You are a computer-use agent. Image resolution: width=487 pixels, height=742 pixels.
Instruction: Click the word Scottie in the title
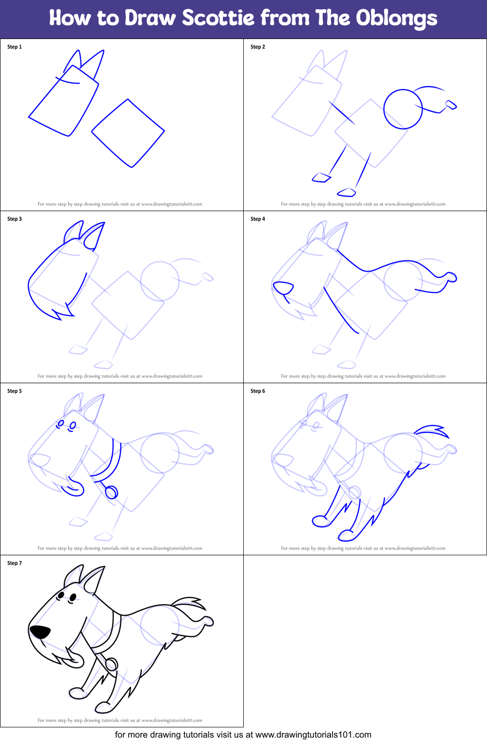pos(218,18)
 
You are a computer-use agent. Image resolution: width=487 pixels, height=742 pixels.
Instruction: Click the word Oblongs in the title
pos(396,18)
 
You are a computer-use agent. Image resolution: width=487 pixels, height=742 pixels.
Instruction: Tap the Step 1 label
pos(15,47)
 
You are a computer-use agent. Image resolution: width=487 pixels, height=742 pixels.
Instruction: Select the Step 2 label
pos(258,47)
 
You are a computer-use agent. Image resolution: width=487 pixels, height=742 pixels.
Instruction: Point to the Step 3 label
pos(15,219)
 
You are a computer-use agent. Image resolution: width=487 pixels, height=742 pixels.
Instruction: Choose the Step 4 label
pos(258,219)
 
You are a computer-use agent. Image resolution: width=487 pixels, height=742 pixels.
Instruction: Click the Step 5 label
pos(15,391)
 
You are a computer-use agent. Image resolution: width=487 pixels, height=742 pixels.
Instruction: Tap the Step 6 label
pos(258,391)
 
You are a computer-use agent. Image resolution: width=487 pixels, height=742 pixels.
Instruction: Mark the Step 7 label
pos(15,563)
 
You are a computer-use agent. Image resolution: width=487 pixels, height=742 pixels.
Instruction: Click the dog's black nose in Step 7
pos(40,632)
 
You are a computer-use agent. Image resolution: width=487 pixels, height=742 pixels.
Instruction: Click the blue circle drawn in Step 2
pos(403,109)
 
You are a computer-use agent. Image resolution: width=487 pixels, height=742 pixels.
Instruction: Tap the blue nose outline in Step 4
pos(283,287)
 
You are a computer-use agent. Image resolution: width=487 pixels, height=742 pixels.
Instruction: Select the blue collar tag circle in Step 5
pos(112,492)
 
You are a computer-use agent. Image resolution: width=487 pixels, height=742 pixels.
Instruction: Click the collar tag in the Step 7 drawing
pos(112,664)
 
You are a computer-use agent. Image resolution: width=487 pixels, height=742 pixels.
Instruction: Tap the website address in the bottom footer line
pos(313,735)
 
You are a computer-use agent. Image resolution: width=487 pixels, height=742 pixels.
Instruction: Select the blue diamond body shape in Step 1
pos(128,133)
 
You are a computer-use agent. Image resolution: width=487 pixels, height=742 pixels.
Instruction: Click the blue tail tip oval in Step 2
pos(451,104)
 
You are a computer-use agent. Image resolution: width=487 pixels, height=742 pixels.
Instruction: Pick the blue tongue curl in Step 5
pos(75,488)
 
